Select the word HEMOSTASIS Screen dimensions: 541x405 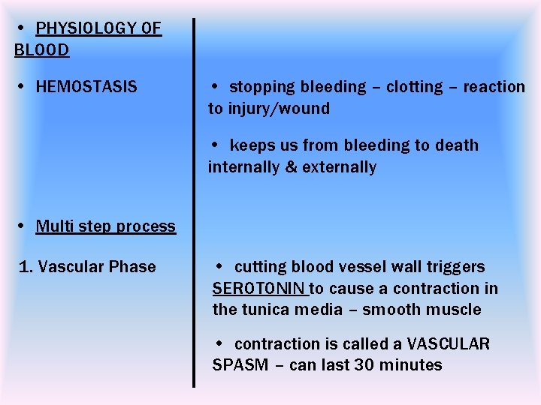point(86,87)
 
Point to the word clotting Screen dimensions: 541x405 point(415,87)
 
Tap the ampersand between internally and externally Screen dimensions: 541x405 point(291,167)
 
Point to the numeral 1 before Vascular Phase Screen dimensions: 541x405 point(23,267)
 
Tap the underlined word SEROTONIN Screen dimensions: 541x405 point(259,289)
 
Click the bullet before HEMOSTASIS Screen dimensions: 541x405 point(23,88)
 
